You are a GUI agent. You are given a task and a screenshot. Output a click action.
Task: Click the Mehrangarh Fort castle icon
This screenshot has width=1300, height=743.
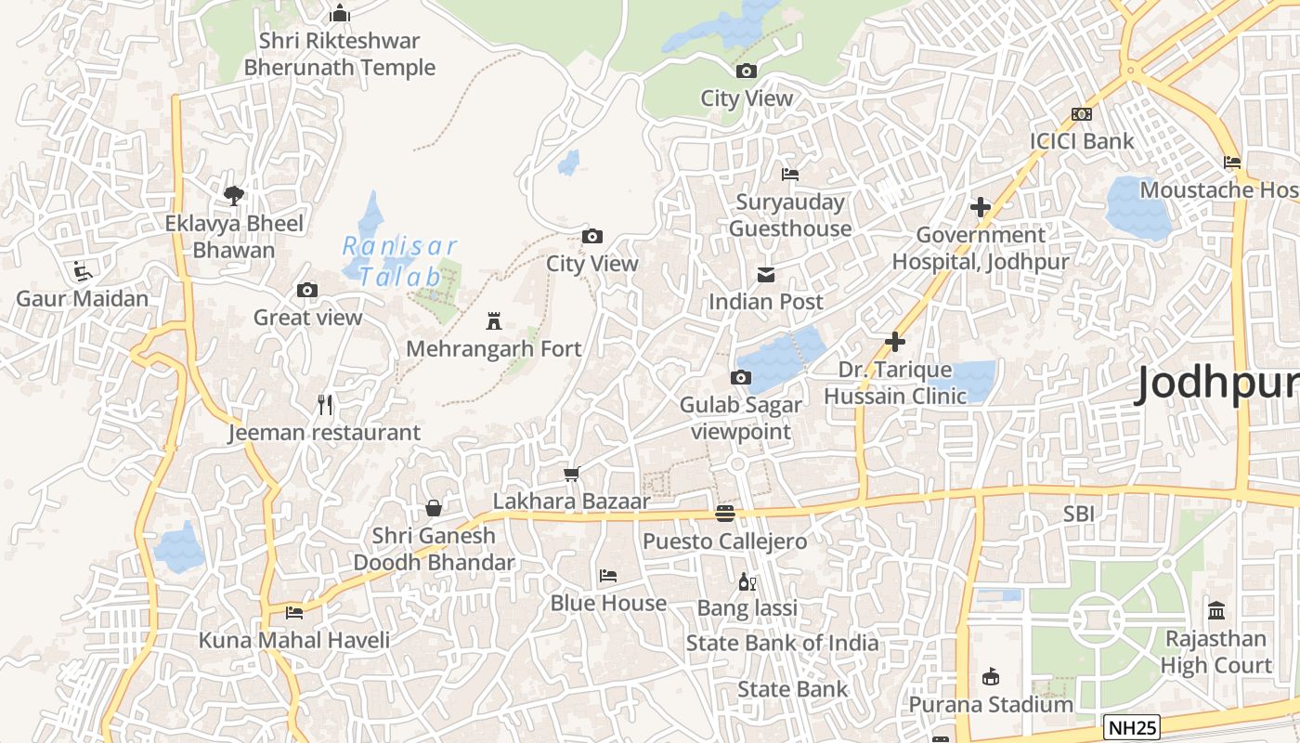(494, 322)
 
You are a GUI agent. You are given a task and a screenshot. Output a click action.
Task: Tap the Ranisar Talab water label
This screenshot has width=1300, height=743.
(400, 261)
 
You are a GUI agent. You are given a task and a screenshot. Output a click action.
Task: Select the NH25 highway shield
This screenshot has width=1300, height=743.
(1132, 726)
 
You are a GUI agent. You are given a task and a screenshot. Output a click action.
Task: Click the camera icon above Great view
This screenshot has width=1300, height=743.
(307, 291)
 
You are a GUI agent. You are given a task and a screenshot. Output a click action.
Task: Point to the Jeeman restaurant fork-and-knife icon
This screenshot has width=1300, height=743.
(324, 405)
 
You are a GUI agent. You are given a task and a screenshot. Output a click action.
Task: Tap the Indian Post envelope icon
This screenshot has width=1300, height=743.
(766, 275)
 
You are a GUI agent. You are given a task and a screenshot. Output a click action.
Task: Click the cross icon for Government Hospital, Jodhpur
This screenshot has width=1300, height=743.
(980, 207)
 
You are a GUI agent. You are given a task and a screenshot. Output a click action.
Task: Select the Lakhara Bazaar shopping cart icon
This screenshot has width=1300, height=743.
(571, 475)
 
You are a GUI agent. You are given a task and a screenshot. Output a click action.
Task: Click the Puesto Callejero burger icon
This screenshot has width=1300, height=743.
(725, 514)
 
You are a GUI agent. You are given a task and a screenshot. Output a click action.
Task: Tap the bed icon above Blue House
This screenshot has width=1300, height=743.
(608, 576)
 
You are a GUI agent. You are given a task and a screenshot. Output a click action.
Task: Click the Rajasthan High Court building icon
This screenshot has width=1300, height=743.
(1216, 611)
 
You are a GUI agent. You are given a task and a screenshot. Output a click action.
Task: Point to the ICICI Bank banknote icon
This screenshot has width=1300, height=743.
(1081, 114)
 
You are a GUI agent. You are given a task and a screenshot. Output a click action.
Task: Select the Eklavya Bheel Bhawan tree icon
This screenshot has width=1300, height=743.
(234, 195)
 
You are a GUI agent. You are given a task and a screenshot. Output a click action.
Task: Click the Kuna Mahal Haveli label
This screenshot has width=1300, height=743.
(294, 640)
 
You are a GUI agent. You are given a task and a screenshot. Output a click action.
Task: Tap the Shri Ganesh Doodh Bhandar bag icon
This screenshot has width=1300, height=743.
(433, 508)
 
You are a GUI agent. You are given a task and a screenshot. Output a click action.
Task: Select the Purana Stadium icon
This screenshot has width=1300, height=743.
(990, 676)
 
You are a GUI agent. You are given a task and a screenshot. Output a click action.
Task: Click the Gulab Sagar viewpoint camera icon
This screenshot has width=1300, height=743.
(740, 377)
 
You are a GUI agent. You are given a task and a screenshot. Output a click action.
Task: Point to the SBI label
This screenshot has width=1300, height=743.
(1080, 513)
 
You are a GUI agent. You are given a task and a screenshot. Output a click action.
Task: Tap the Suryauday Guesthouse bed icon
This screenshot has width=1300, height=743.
(790, 175)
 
